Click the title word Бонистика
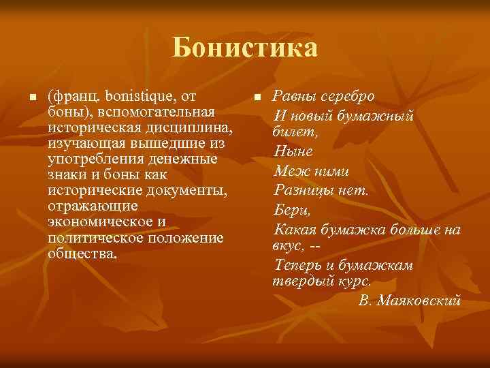click(244, 48)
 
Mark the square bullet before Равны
click(257, 98)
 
